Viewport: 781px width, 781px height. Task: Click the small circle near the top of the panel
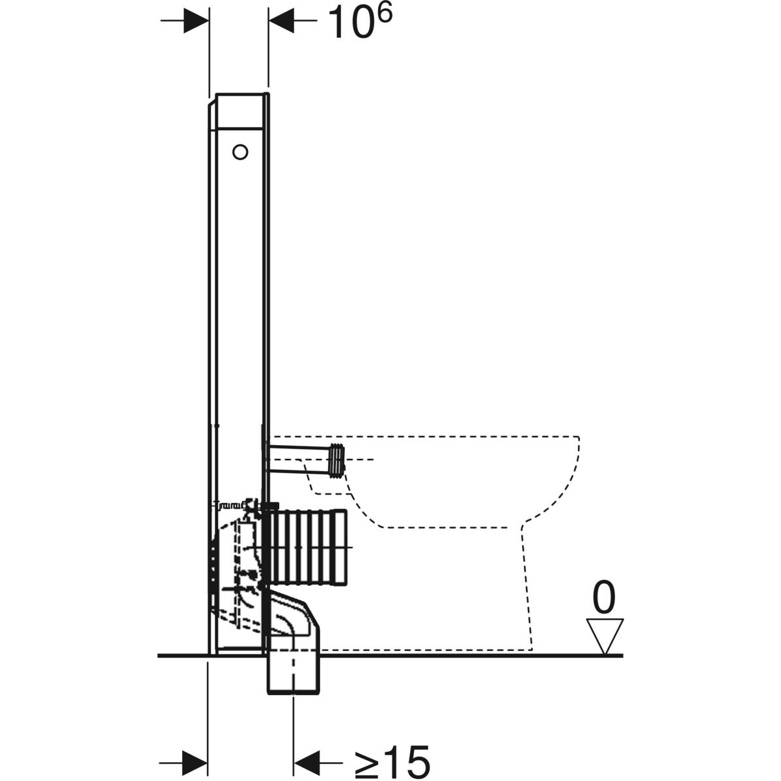click(240, 152)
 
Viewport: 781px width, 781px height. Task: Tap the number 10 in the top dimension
click(349, 23)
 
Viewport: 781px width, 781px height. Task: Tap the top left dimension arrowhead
click(196, 21)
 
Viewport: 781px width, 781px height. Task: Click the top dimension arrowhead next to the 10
click(281, 20)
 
